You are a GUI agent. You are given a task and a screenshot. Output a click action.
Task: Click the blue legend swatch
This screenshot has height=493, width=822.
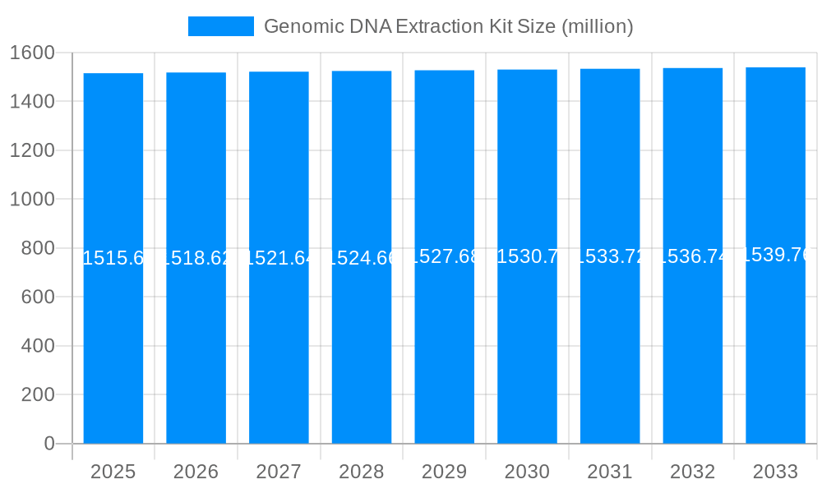click(220, 26)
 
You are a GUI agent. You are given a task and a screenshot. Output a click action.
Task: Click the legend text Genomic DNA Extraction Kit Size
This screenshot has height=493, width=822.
click(448, 26)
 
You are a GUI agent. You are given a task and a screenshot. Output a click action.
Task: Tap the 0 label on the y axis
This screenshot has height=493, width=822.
click(48, 444)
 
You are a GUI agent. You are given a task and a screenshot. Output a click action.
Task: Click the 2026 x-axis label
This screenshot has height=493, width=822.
click(196, 472)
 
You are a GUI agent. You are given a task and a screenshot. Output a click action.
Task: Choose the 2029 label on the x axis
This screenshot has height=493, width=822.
click(444, 472)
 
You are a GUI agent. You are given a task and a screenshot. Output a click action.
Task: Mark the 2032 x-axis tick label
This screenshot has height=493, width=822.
click(692, 472)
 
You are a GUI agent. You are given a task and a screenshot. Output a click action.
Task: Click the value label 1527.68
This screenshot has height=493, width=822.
click(444, 256)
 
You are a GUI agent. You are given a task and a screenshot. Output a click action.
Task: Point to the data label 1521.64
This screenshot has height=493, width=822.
click(279, 258)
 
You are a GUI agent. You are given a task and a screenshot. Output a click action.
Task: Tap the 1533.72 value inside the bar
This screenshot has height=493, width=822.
click(610, 256)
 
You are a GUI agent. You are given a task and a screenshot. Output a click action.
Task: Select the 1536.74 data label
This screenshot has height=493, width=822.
click(692, 256)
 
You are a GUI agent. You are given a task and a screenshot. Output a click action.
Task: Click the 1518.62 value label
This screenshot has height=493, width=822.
click(196, 258)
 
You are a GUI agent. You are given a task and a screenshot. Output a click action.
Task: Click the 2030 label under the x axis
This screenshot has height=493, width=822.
click(527, 472)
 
